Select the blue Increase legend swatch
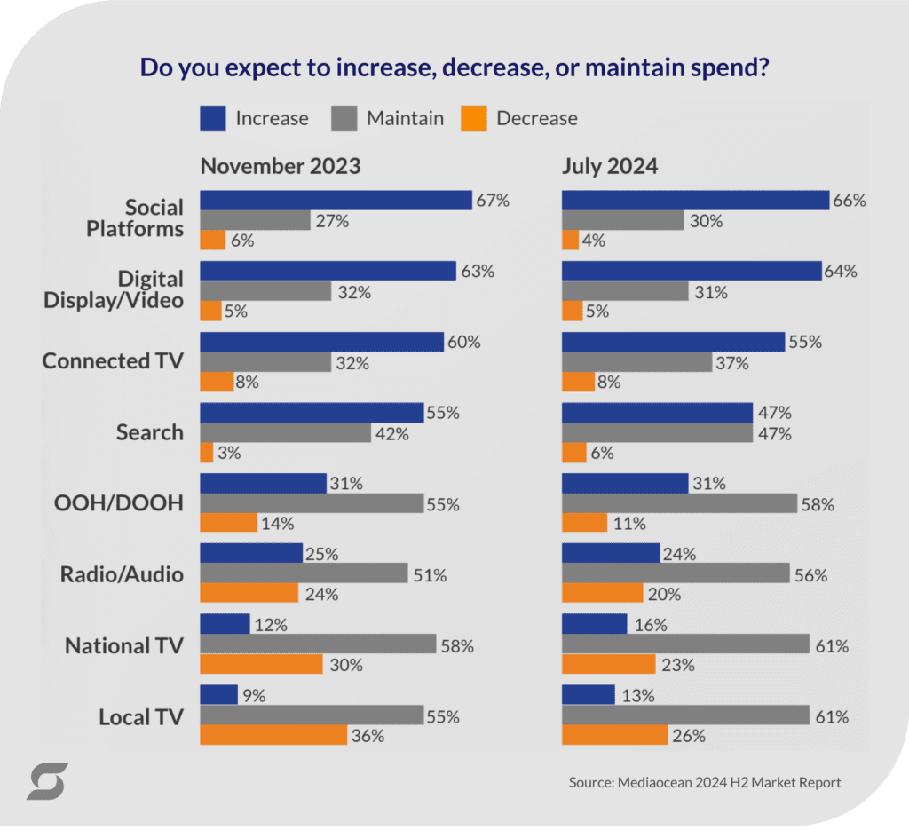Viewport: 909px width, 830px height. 212,118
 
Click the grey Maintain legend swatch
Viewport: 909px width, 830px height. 344,118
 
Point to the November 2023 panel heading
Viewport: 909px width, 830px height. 281,166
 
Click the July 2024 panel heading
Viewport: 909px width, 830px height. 610,166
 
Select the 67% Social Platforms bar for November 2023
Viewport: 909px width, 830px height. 336,201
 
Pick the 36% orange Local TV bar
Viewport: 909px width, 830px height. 273,736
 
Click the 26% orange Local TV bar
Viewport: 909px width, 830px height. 614,736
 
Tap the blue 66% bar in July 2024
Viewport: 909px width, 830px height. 695,201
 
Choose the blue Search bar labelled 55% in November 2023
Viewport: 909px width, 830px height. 312,413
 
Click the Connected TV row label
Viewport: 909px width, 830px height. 113,361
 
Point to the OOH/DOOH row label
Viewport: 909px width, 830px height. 126,503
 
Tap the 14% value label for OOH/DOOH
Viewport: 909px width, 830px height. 276,524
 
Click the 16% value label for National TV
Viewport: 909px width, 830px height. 650,625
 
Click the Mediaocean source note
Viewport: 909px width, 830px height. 704,782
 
